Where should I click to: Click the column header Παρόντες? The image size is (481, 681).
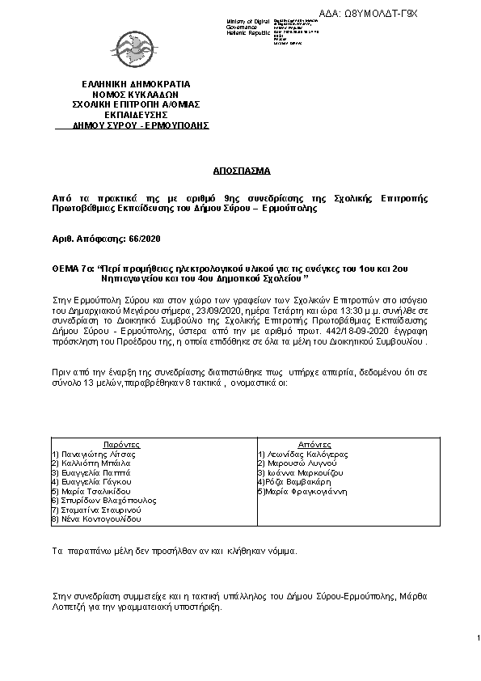pyautogui.click(x=123, y=445)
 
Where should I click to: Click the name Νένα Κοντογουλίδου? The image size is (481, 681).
pyautogui.click(x=94, y=518)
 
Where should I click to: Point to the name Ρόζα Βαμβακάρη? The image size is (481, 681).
pyautogui.click(x=294, y=482)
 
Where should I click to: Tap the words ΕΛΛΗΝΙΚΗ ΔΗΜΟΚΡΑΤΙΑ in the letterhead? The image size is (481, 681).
pyautogui.click(x=136, y=83)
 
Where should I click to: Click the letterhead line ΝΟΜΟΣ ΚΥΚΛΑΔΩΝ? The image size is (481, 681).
pyautogui.click(x=136, y=94)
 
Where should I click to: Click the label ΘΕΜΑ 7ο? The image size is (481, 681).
pyautogui.click(x=68, y=266)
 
